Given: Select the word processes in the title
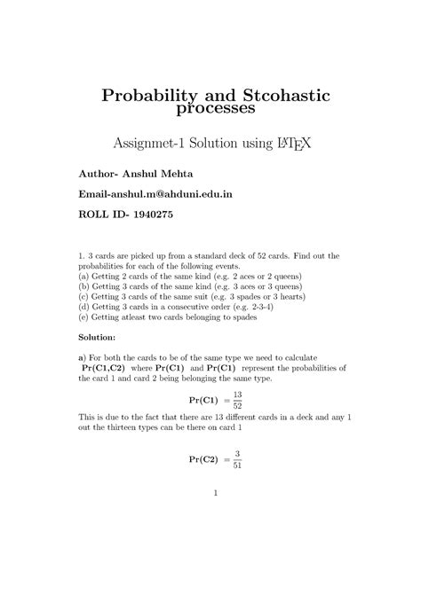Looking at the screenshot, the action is tap(210, 109).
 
